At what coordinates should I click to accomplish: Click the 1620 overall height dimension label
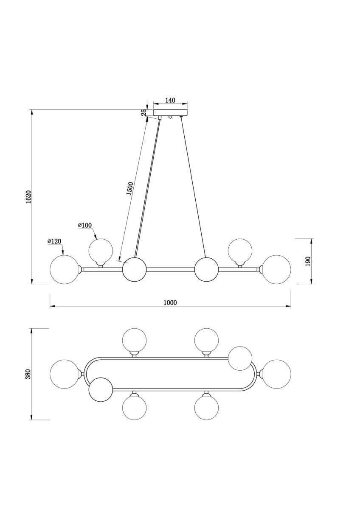(28, 197)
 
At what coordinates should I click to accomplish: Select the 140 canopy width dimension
(170, 100)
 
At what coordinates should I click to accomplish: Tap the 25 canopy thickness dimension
(144, 112)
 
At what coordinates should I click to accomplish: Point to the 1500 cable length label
(130, 189)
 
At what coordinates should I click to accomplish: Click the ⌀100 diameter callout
(84, 225)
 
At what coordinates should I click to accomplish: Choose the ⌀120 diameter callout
(54, 241)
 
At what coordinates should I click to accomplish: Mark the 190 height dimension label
(308, 261)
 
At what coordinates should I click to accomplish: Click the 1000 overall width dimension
(170, 303)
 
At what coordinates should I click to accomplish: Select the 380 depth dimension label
(28, 374)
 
